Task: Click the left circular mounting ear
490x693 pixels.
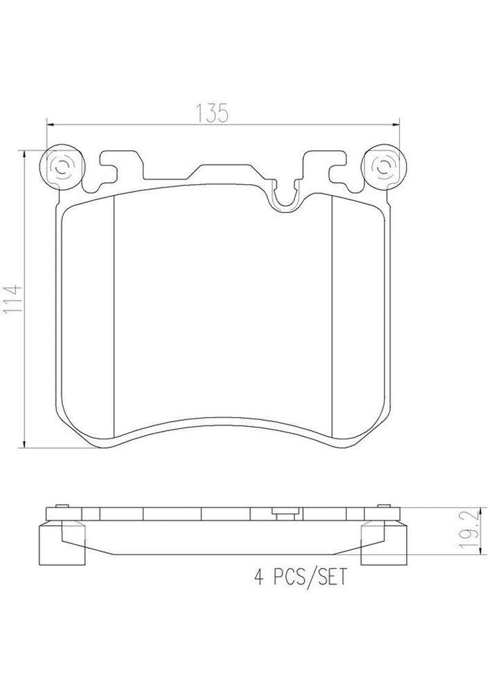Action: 64,166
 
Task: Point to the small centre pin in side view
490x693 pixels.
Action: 277,512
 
